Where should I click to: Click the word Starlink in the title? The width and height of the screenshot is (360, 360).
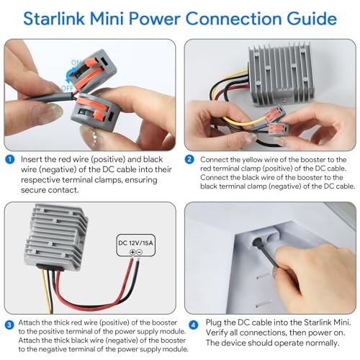point(54,19)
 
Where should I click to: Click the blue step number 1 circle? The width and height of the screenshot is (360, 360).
point(9,159)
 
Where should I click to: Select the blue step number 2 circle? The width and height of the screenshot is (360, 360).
point(189,159)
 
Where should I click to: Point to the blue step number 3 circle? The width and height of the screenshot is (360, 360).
point(9,325)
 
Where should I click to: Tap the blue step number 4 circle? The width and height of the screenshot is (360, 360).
point(194,325)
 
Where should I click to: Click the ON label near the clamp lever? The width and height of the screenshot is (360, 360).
point(76,63)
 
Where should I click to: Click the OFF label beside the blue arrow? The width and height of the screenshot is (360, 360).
point(67,88)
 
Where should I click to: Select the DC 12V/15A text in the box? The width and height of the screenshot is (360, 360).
point(135,243)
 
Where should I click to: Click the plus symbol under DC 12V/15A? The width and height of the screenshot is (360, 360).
point(132,252)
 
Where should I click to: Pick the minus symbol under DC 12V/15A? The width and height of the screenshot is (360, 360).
point(140,252)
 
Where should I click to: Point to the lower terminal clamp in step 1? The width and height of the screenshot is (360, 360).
point(96,111)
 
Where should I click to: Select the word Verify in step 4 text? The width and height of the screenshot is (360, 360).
point(217,333)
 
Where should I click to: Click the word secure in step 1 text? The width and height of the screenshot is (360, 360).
point(33,190)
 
